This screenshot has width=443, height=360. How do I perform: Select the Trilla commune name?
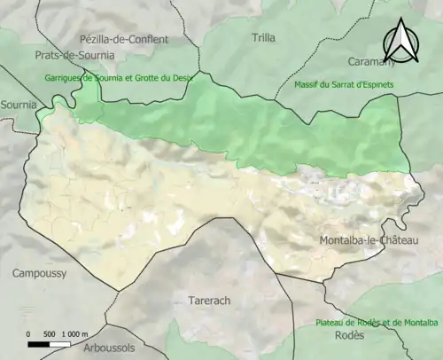[263, 38]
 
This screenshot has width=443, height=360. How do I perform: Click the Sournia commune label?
[18, 105]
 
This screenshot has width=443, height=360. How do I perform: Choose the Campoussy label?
[39, 274]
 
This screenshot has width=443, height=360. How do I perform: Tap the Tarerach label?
[209, 301]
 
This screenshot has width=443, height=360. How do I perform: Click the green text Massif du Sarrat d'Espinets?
[342, 84]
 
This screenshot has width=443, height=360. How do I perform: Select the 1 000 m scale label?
[76, 333]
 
